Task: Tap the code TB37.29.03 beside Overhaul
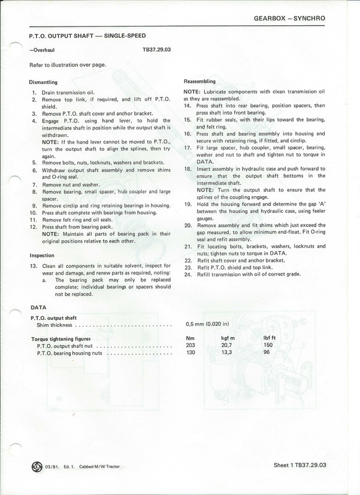154,46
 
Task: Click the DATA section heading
38,306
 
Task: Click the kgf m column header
229,338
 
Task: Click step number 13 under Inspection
35,265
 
